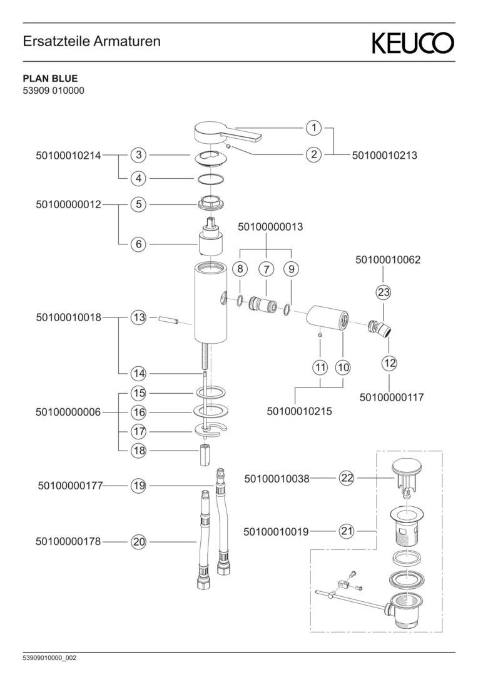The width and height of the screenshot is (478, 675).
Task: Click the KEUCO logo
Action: pos(414,43)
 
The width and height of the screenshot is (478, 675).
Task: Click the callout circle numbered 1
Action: pos(313,128)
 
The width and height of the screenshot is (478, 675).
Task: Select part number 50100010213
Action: pos(385,154)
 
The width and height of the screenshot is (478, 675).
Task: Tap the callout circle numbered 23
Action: pos(384,292)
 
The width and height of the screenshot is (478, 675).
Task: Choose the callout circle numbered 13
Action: pos(138,317)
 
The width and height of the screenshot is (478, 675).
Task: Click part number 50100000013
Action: pos(270,227)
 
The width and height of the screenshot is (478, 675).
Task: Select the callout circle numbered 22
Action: pos(347,478)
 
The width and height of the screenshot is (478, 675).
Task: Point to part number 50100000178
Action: pos(69,542)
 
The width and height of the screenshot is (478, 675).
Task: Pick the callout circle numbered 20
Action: pos(138,542)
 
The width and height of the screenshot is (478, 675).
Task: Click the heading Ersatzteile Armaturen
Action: pos(92,42)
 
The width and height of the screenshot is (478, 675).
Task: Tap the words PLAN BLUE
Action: pos(50,79)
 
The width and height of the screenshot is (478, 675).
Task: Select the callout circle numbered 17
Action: pos(138,431)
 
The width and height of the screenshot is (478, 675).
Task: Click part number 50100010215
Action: pos(299,411)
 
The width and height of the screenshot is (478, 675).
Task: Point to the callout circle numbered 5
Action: pos(138,204)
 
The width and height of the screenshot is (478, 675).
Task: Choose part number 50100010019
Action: pos(276,532)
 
